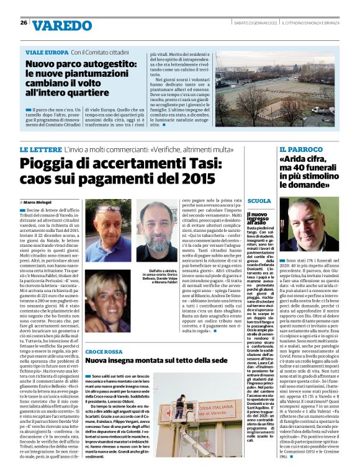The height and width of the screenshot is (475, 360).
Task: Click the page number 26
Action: tap(23, 23)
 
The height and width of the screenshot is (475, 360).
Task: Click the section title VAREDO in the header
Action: tap(62, 25)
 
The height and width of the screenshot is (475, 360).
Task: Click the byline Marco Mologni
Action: tap(38, 202)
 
